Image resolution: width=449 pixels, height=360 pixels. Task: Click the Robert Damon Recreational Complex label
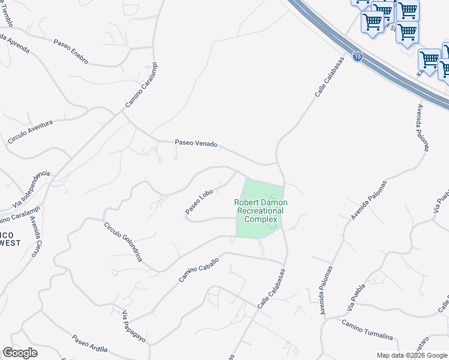pos(261,211)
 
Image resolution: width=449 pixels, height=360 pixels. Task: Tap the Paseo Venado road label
pos(196,143)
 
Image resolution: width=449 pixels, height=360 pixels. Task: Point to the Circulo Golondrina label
pos(122,242)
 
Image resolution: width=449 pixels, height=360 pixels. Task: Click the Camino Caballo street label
pos(198,269)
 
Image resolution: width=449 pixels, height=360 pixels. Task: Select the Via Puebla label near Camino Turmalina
pos(356,298)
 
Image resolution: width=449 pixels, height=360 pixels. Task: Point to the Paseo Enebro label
pos(71,52)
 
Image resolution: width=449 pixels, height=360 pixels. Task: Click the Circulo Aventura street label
pos(30,131)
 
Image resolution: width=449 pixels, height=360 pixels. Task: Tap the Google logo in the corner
pos(20,353)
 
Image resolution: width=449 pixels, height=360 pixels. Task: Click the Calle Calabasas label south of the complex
pos(271,289)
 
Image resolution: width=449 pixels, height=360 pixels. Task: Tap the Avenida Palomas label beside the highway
pos(423,128)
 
